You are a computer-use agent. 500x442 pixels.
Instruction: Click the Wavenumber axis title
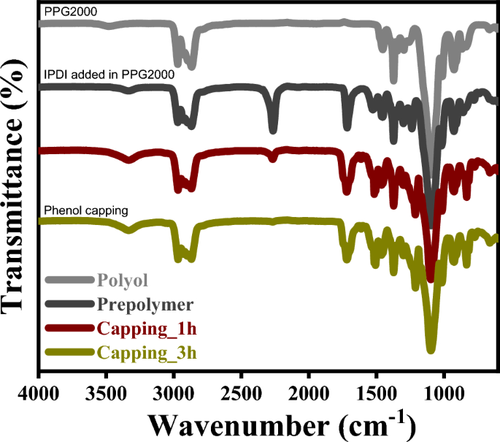tap(281, 424)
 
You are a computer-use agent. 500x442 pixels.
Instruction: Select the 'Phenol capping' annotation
tap(87, 210)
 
